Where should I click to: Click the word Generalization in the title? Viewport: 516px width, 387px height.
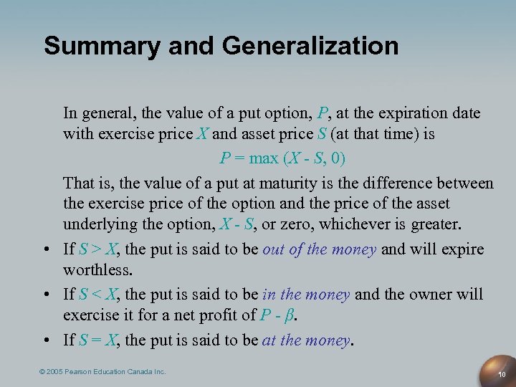coord(310,46)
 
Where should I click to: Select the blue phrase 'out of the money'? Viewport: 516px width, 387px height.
coord(319,249)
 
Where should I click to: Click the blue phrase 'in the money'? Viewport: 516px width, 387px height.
coord(306,295)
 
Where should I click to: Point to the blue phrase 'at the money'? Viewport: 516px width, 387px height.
coord(306,340)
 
